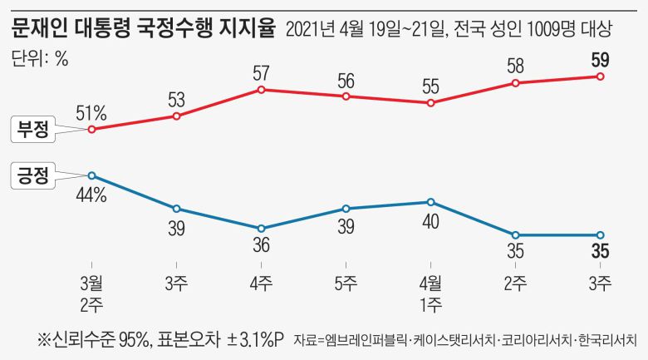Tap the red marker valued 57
tap(262, 89)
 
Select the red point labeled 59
tap(601, 76)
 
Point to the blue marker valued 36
tap(262, 229)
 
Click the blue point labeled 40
tap(431, 202)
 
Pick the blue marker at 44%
tap(91, 175)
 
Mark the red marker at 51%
tap(91, 130)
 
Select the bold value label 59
tap(601, 60)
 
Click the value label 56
tap(346, 81)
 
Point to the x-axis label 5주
tap(346, 283)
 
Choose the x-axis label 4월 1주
tap(431, 292)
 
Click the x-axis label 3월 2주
tap(91, 292)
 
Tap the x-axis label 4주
tap(262, 283)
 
